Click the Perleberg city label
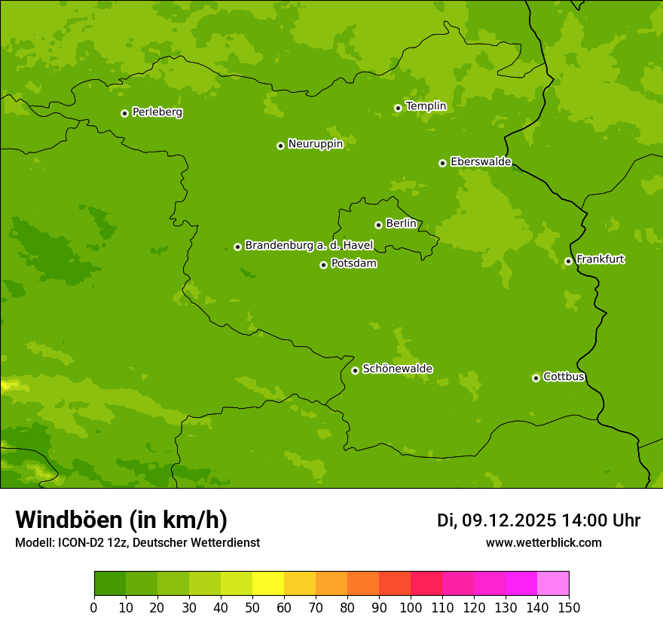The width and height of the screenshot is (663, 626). pyautogui.click(x=157, y=112)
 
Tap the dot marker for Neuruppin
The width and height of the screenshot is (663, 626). pyautogui.click(x=280, y=146)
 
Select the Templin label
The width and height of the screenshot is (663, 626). pyautogui.click(x=426, y=106)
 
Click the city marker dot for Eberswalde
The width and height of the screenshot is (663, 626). pyautogui.click(x=442, y=163)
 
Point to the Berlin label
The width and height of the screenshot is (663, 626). pyautogui.click(x=401, y=223)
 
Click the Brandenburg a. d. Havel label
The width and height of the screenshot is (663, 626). pyautogui.click(x=309, y=245)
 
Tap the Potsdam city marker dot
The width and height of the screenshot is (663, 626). pyautogui.click(x=323, y=265)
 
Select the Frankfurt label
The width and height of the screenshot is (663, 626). pyautogui.click(x=600, y=259)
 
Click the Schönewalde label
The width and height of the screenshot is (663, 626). pyautogui.click(x=397, y=369)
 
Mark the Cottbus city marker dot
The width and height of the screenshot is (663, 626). pyautogui.click(x=536, y=378)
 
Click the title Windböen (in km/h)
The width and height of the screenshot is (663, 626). pyautogui.click(x=121, y=520)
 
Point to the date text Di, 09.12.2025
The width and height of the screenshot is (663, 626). pyautogui.click(x=496, y=520)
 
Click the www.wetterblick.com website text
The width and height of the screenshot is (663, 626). pyautogui.click(x=543, y=542)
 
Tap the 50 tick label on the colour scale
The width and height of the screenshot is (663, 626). pyautogui.click(x=252, y=607)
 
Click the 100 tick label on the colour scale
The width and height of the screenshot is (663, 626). pyautogui.click(x=411, y=607)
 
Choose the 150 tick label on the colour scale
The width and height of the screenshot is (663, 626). pyautogui.click(x=569, y=607)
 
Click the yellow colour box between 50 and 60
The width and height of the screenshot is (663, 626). pyautogui.click(x=268, y=584)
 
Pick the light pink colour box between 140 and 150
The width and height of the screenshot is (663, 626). pyautogui.click(x=553, y=584)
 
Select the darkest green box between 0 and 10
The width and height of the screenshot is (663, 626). pyautogui.click(x=110, y=584)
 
